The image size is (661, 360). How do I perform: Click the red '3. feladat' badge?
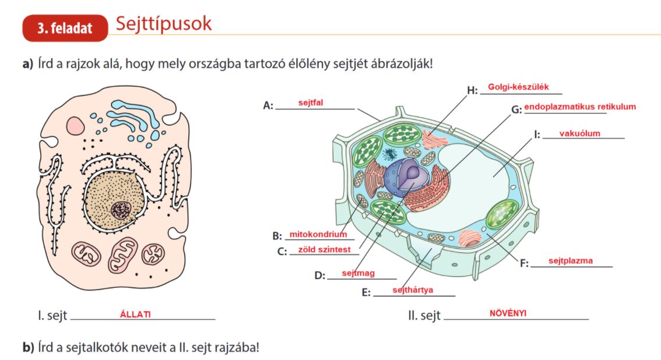click(x=65, y=29)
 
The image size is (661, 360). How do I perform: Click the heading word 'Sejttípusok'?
click(x=163, y=24)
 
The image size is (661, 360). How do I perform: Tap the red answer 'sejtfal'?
click(x=310, y=103)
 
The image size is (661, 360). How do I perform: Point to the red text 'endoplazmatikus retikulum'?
click(x=579, y=107)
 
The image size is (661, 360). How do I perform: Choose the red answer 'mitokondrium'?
click(x=318, y=235)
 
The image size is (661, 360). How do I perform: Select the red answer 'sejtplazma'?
click(x=571, y=260)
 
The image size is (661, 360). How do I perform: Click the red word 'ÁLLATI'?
click(x=135, y=315)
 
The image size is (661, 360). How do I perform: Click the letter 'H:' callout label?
click(x=472, y=90)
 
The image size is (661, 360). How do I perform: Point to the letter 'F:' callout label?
click(x=524, y=263)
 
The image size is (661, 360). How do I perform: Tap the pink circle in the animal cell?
click(x=75, y=125)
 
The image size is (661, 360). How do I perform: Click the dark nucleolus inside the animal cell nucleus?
click(x=121, y=209)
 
